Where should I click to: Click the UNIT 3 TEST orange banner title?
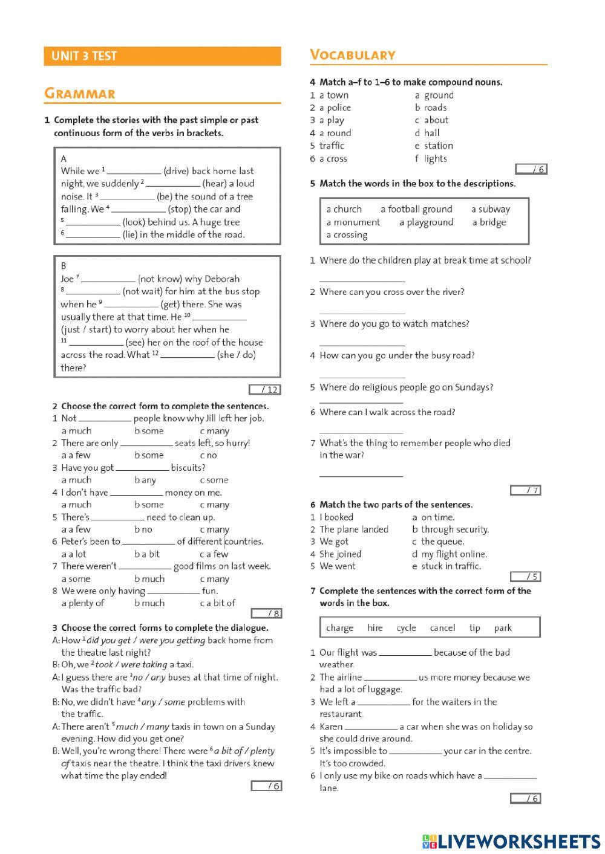click(84, 56)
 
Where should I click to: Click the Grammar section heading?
click(79, 94)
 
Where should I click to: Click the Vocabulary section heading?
click(353, 55)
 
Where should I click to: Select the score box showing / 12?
click(264, 389)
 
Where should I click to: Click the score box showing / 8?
click(267, 613)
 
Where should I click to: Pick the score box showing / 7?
click(525, 490)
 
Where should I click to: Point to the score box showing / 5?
click(525, 577)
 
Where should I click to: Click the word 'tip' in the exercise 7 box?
click(475, 628)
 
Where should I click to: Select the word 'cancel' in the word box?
click(442, 628)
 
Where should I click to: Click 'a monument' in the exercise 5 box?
click(353, 222)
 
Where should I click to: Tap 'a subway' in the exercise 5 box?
click(491, 209)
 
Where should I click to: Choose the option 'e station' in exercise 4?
click(434, 146)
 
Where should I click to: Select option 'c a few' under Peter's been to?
click(214, 554)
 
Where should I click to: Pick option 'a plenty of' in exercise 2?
click(83, 603)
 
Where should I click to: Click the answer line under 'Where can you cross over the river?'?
click(362, 312)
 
